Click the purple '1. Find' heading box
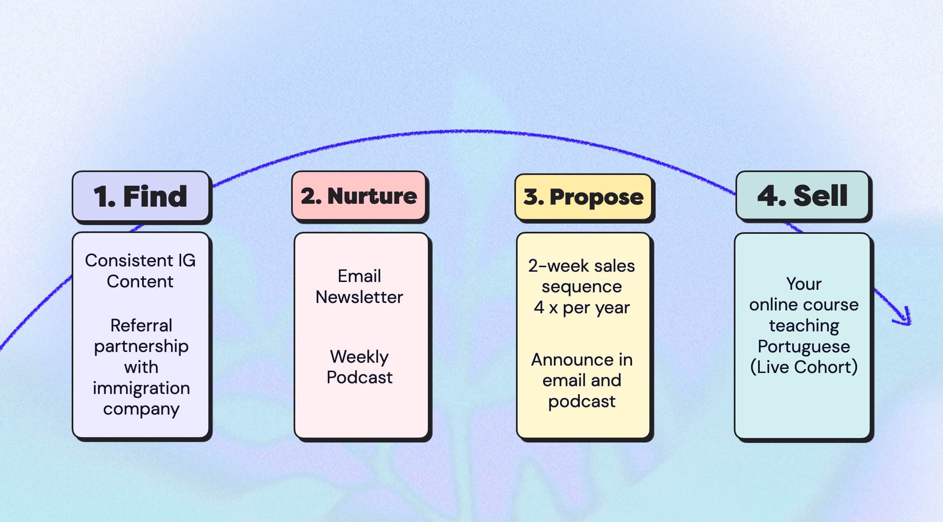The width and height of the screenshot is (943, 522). [x=141, y=196]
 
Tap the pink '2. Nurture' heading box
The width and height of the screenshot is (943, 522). [x=359, y=196]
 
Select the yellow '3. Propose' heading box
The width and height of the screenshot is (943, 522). [x=583, y=197]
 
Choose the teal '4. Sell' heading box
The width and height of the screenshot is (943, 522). [x=802, y=196]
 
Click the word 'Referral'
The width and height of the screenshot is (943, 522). [x=141, y=326]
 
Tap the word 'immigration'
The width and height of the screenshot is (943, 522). [x=141, y=388]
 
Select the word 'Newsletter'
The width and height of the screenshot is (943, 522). [x=359, y=297]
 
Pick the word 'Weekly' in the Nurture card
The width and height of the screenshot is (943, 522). [x=359, y=357]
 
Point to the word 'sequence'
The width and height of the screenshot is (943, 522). [x=581, y=287]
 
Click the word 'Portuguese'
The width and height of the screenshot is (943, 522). [x=803, y=347]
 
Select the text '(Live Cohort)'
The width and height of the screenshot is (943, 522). [x=803, y=367]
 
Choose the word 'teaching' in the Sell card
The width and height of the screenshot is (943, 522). [x=804, y=326]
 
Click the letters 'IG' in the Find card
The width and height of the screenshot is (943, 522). [x=187, y=261]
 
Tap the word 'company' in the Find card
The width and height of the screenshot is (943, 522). [x=141, y=409]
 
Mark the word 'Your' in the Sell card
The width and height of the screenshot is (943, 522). [x=803, y=284]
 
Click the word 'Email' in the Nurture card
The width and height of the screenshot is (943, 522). [x=359, y=276]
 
